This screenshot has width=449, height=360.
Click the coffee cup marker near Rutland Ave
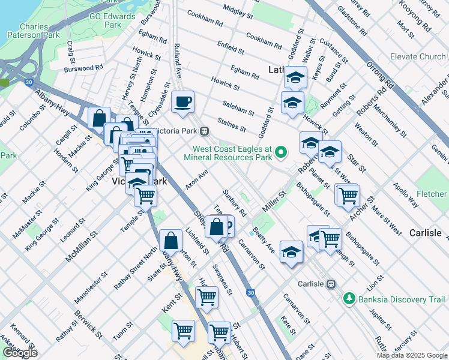[x=183, y=101]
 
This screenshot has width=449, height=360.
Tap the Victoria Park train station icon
[x=205, y=131]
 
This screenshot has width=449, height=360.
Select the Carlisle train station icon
[x=330, y=284]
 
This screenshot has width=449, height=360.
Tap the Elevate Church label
[x=417, y=57]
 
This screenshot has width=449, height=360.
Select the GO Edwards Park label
[x=112, y=20]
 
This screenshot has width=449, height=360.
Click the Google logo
[x=20, y=353]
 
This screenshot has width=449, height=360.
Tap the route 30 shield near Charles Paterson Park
[x=29, y=83]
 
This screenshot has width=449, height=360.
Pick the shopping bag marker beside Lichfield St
[x=171, y=240]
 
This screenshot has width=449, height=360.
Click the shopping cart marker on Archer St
[x=347, y=195]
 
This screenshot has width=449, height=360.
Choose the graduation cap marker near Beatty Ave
[x=291, y=251]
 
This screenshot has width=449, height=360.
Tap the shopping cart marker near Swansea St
[x=206, y=296]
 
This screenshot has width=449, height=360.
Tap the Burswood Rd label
[x=83, y=68]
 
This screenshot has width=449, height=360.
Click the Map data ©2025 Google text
[x=411, y=355]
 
